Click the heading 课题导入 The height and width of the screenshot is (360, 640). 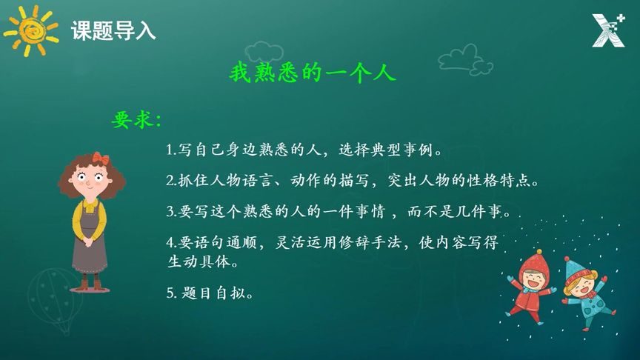coord(113,30)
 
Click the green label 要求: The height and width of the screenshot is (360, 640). coord(136,120)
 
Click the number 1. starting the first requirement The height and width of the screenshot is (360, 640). coord(172,151)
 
